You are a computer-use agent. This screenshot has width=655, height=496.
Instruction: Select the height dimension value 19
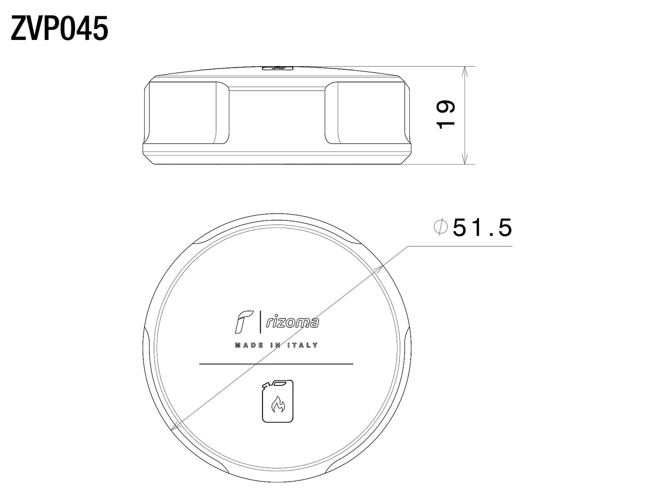[x=446, y=114]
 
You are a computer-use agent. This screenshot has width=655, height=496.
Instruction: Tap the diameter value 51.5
[x=482, y=228]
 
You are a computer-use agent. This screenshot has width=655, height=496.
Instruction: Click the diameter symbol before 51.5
[x=441, y=227]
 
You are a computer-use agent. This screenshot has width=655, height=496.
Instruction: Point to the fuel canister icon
[x=277, y=401]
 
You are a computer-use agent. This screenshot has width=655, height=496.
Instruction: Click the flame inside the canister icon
[x=277, y=404]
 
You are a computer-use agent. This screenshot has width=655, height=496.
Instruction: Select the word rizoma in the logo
[x=292, y=322]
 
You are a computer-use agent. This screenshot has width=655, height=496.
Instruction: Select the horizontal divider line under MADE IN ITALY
[x=277, y=364]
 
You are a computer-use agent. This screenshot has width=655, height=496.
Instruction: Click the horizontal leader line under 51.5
[x=460, y=247]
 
